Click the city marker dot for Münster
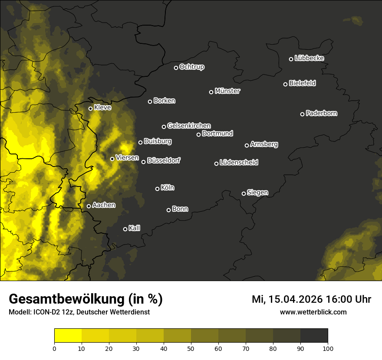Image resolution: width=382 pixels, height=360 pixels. tap(211, 92)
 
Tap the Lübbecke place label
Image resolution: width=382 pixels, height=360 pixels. tap(309, 58)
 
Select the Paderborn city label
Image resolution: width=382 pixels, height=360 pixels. tap(321, 113)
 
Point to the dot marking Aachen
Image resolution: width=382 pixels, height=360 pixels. tap(89, 206)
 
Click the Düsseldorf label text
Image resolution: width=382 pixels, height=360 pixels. tap(163, 160)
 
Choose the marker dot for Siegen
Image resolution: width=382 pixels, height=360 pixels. tap(244, 193)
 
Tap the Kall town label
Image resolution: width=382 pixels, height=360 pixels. tap(134, 228)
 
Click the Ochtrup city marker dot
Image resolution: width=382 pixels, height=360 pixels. tap(176, 68)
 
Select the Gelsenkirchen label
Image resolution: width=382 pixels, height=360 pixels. tap(189, 126)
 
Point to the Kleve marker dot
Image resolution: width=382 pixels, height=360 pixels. tap(91, 108)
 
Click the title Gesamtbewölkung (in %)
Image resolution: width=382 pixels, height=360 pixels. tap(86, 299)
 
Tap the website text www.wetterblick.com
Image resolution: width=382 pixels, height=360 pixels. tap(313, 312)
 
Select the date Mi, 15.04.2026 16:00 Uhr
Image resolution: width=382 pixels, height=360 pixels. tap(311, 299)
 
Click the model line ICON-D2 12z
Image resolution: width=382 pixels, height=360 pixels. tap(79, 312)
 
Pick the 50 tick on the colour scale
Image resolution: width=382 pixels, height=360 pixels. tap(191, 348)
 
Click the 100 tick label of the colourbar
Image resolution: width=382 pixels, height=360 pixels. tap(328, 348)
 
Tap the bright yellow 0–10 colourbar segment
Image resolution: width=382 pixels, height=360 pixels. tap(68, 335)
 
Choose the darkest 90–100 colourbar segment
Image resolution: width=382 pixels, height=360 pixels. tap(314, 335)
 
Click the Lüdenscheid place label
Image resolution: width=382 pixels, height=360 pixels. tap(239, 163)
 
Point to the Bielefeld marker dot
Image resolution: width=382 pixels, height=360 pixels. tap(286, 84)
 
